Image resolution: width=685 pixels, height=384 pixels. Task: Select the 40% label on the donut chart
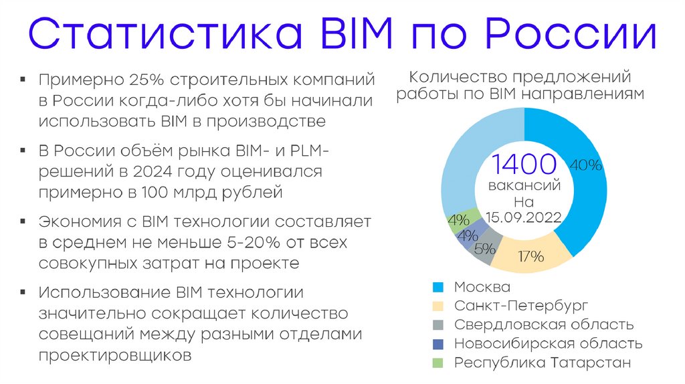pyautogui.click(x=586, y=165)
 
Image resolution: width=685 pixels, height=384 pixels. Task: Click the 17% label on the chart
pyautogui.click(x=530, y=256)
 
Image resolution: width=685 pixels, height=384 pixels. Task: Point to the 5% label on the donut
pyautogui.click(x=484, y=249)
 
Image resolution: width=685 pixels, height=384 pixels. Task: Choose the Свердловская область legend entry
pyautogui.click(x=543, y=325)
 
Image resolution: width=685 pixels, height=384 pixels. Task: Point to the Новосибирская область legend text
pyautogui.click(x=548, y=344)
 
